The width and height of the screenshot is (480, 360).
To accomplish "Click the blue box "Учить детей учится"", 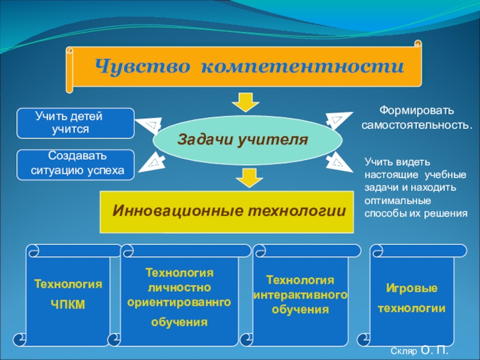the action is coord(75,122).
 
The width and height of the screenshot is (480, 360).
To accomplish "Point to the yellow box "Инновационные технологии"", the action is coord(227,212).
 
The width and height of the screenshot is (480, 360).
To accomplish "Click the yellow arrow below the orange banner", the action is coord(245,102).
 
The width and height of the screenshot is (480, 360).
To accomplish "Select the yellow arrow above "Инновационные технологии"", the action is coord(245,178).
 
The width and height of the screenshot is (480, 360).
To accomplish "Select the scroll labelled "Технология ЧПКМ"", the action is coord(67,294).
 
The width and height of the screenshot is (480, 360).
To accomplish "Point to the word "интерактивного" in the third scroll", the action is coord(300,296).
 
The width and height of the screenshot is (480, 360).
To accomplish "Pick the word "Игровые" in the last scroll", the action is coord(411,289).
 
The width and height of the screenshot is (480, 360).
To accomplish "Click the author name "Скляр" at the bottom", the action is coord(402,350).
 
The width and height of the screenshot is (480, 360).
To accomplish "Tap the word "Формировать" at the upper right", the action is coord(415,111).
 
